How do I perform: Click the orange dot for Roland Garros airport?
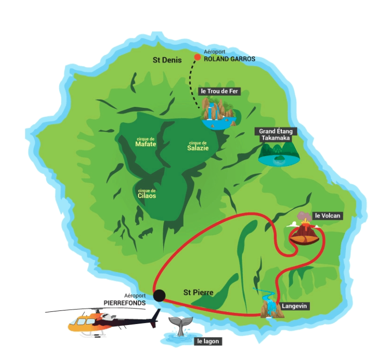point(197,57)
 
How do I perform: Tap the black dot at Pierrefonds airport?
point(159,295)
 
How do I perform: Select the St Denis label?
point(166,60)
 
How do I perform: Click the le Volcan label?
point(327,216)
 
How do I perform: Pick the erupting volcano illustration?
point(305,231)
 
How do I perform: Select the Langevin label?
point(294,306)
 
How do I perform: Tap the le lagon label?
point(207,342)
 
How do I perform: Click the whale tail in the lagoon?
point(181,325)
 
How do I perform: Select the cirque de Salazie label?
point(198,146)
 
